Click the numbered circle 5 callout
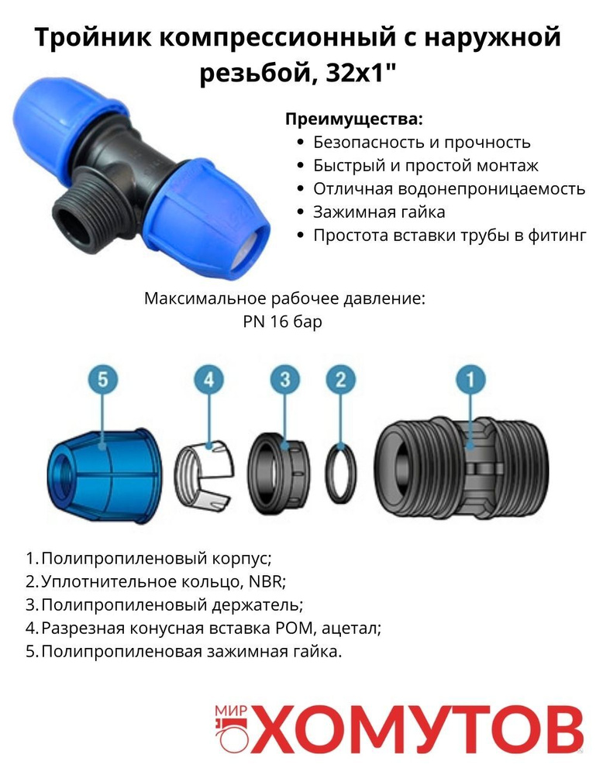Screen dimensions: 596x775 click(x=102, y=380)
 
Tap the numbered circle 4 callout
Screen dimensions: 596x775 click(x=209, y=380)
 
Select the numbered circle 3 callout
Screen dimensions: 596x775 click(x=285, y=380)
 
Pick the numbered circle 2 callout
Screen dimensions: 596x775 click(x=341, y=380)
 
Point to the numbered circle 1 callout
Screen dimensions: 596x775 click(x=470, y=380)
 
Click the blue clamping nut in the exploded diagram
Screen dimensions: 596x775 click(x=105, y=476)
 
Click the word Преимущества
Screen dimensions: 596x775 click(x=354, y=119)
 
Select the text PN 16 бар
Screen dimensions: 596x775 click(x=283, y=322)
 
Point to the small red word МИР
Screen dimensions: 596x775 click(x=231, y=711)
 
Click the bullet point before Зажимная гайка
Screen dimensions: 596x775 click(x=300, y=212)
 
